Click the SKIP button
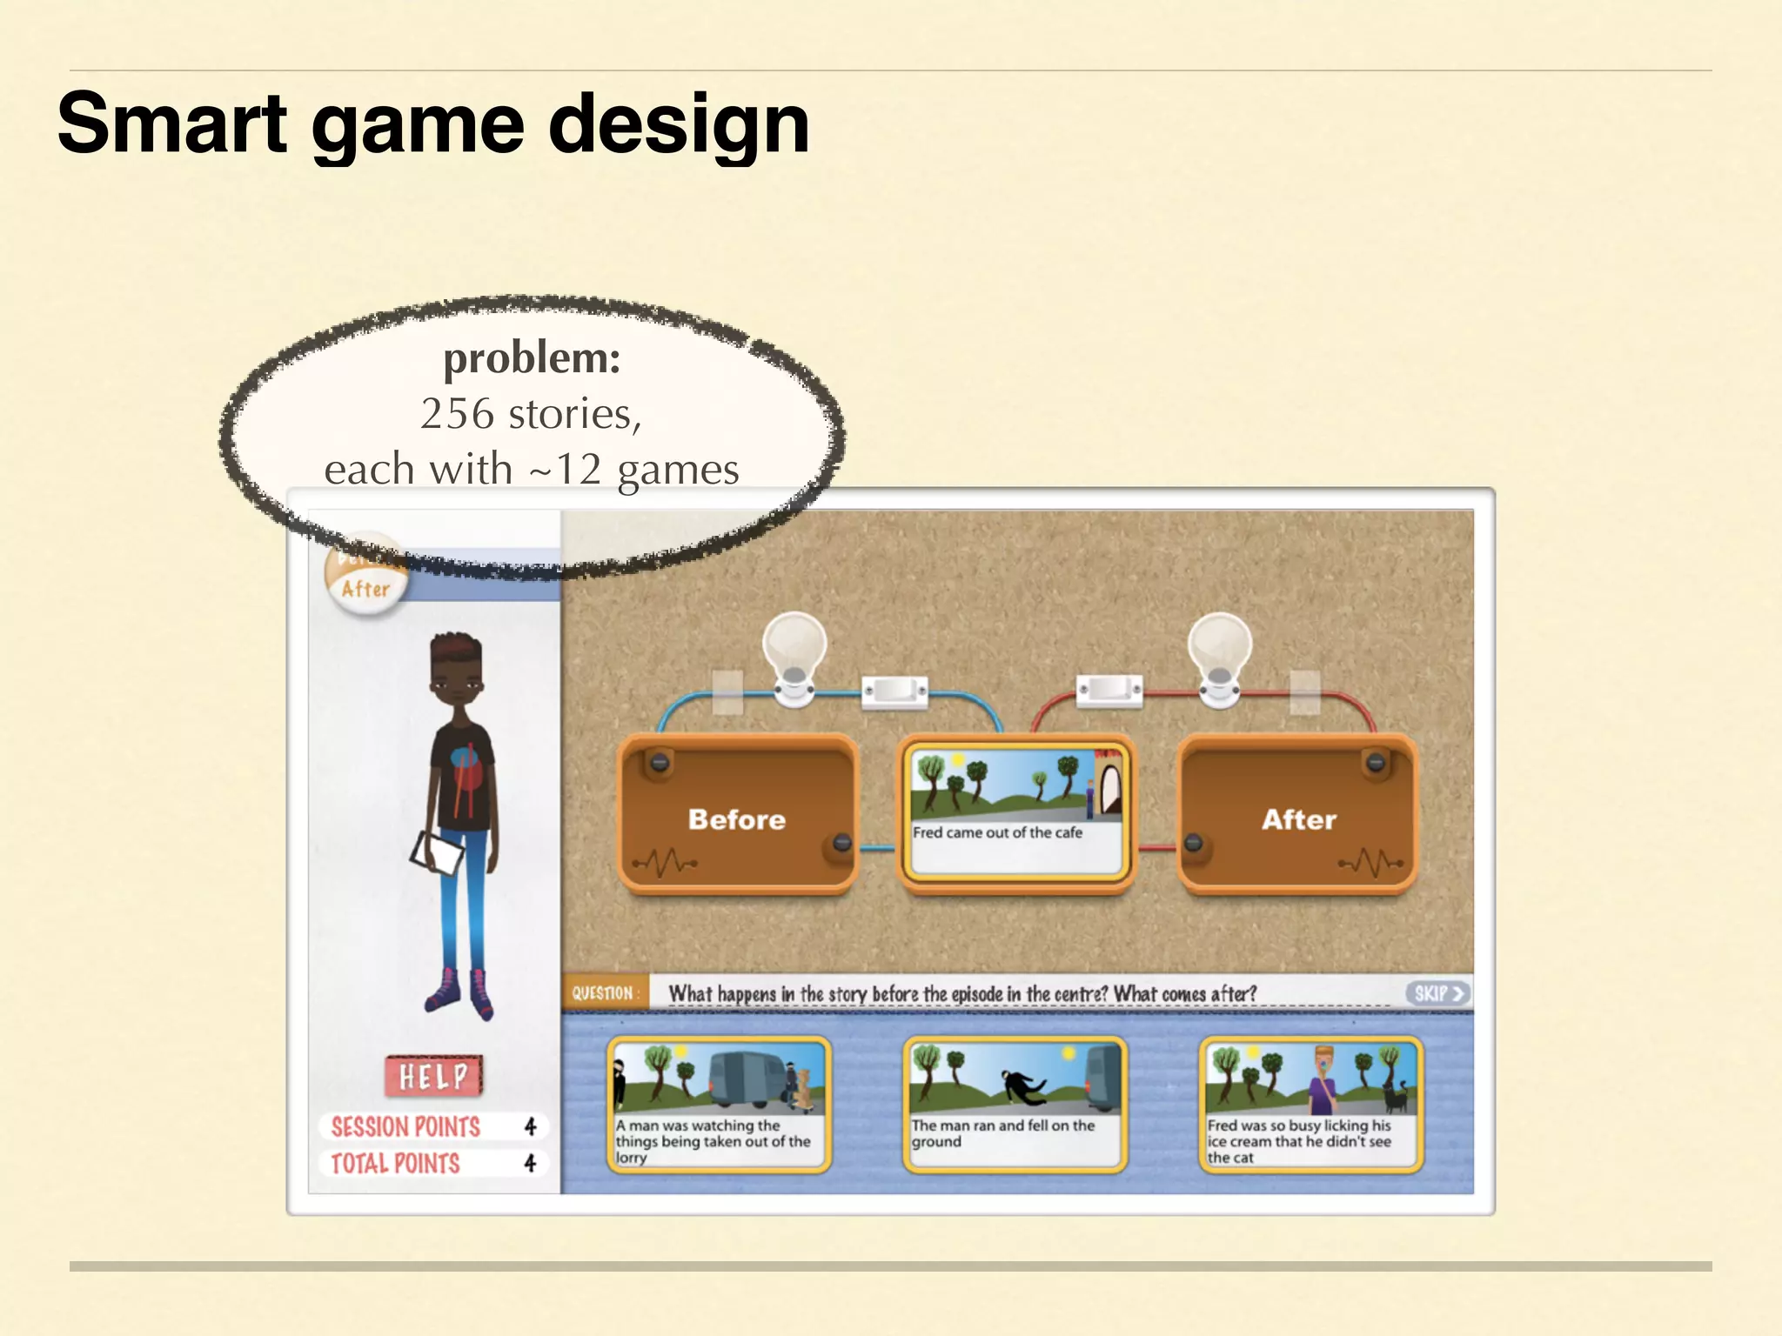point(1437,993)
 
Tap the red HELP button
point(433,1077)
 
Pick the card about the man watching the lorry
point(719,1104)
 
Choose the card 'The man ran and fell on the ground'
point(1015,1104)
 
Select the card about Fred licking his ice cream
point(1310,1104)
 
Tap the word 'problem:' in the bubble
point(532,357)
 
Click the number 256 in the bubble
point(457,414)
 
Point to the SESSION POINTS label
point(405,1127)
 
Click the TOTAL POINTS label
point(395,1164)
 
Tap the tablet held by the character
point(438,852)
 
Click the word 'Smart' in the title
point(172,125)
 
